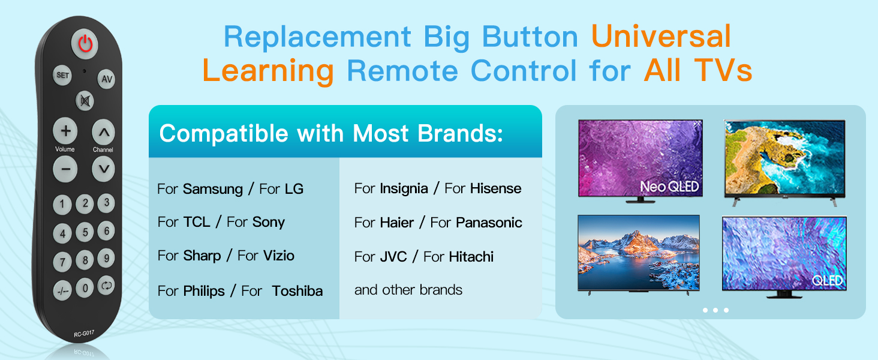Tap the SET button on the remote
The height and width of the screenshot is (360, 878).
[x=62, y=75]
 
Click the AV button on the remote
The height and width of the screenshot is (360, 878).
[x=107, y=79]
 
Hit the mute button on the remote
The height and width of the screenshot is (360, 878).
[x=85, y=101]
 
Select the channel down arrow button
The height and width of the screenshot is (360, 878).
[x=104, y=169]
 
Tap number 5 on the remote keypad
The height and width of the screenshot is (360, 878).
[x=85, y=232]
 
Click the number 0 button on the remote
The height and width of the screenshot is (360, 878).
[x=85, y=288]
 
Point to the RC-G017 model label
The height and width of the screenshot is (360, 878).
[x=84, y=334]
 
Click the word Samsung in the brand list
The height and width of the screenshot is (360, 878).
[x=213, y=189]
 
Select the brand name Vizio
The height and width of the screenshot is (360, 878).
[x=279, y=256]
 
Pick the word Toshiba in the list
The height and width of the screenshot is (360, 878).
[x=297, y=291]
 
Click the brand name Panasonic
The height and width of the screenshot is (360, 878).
[x=489, y=223]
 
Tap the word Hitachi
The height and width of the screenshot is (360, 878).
[x=471, y=257]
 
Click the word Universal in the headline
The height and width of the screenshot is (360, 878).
[x=661, y=36]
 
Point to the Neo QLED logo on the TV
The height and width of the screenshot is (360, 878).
[x=669, y=187]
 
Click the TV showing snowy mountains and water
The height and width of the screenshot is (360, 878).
[x=639, y=254]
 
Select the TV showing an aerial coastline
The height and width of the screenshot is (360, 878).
[x=784, y=161]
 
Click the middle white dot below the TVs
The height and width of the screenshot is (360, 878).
[x=715, y=310]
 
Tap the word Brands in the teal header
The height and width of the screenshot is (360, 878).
[x=460, y=133]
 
